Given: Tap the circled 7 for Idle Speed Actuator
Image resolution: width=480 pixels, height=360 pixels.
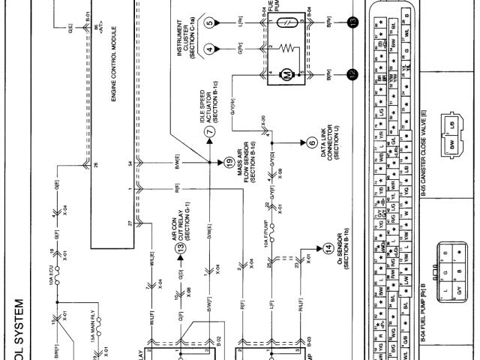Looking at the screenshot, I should point(210,129).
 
